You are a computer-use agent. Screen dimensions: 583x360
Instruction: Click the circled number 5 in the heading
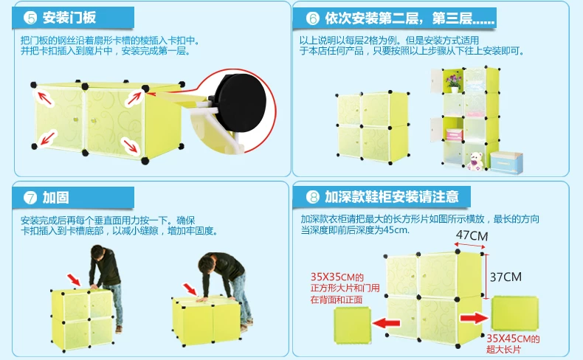pos(30,18)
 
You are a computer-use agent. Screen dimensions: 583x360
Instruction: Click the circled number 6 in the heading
pos(313,18)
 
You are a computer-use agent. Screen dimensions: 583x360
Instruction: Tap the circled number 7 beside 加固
pos(30,197)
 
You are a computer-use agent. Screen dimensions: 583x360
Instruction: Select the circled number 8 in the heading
pos(313,196)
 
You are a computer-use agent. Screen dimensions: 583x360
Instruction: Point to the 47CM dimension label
pos(472,235)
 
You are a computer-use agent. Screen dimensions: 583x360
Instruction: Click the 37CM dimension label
pos(506,277)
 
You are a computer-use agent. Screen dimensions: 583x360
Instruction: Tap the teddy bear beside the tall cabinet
pos(475,161)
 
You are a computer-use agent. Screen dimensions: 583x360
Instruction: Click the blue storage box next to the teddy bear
pos(506,162)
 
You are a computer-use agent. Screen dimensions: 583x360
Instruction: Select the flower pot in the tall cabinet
pos(454,83)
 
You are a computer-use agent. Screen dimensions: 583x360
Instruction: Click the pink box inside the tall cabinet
pos(454,134)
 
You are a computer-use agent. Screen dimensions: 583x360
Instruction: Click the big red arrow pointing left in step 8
pos(386,322)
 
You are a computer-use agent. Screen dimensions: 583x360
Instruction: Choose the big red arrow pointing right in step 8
pos(475,318)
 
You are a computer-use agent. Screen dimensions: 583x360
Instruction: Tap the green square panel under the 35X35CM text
pos(353,325)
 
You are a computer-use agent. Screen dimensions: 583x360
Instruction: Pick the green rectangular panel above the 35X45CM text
pos(515,314)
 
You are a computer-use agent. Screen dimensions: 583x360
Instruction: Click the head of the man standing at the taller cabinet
pos(98,252)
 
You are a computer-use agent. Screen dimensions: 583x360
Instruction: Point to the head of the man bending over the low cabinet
pos(207,263)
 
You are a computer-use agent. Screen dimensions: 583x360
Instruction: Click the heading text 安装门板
pos(69,18)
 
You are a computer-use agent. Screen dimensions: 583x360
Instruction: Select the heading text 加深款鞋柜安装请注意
pos(392,196)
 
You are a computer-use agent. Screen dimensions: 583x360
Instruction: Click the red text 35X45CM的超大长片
pos(513,344)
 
